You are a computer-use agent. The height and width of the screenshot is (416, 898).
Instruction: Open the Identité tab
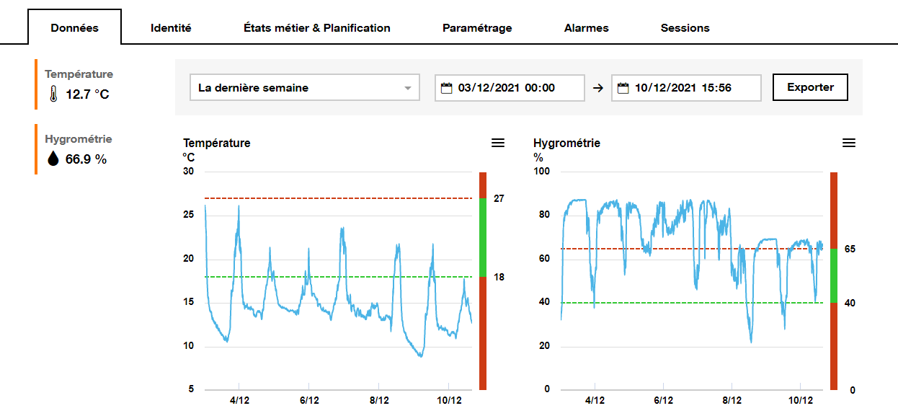tap(171, 28)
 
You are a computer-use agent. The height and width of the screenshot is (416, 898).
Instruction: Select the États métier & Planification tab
tap(317, 28)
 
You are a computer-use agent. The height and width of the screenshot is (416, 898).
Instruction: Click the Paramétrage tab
tap(477, 28)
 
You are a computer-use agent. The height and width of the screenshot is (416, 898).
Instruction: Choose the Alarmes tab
tap(587, 28)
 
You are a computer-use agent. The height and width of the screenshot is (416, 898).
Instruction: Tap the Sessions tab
tap(685, 28)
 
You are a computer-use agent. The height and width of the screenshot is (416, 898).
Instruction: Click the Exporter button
tap(810, 87)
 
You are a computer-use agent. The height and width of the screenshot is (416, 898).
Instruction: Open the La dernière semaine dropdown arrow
tap(408, 88)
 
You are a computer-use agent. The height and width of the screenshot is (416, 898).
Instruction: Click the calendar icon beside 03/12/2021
tap(447, 88)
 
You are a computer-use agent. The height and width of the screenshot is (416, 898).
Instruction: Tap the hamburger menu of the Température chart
tap(498, 143)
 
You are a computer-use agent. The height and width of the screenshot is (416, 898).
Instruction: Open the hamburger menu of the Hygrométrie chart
tap(849, 143)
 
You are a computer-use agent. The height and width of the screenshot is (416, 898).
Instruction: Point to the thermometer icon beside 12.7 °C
tap(53, 94)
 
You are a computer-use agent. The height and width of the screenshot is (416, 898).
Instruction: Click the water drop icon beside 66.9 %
tap(53, 159)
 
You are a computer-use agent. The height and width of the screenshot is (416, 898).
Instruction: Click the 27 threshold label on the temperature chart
tap(498, 198)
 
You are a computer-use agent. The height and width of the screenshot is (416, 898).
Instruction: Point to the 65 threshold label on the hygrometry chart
tap(850, 249)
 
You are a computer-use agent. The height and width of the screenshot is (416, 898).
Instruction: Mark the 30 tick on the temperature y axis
tap(189, 172)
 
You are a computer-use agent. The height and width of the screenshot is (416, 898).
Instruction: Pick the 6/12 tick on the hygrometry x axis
tap(663, 400)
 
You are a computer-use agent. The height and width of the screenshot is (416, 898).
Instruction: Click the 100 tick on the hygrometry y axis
tap(541, 172)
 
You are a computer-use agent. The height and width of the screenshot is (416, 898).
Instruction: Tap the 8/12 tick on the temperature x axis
tap(379, 400)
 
